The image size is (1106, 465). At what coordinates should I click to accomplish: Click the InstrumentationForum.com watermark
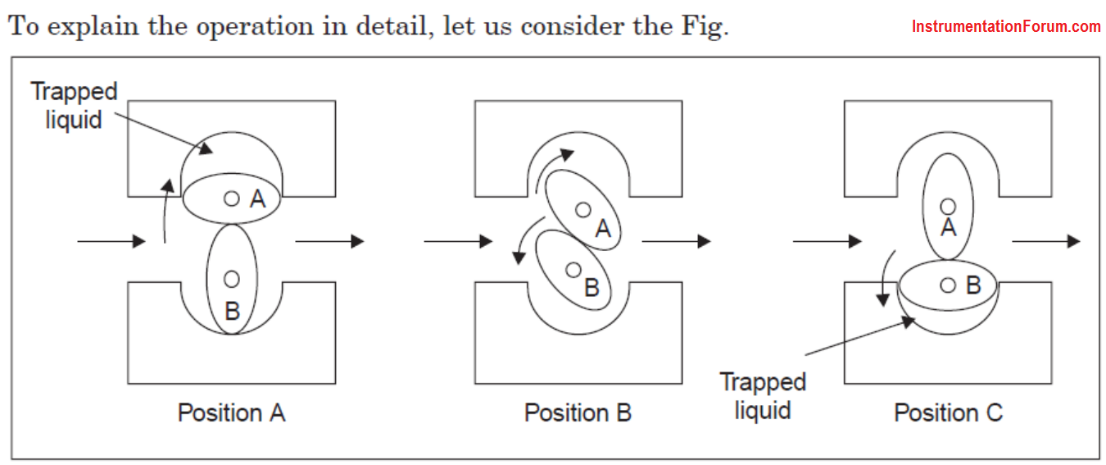[1006, 27]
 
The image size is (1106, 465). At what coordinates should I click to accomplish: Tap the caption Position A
[232, 413]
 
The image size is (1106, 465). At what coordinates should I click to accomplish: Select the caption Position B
[578, 413]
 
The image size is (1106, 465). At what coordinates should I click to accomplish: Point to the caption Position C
[949, 413]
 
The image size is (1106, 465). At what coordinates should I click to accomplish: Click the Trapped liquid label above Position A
[74, 106]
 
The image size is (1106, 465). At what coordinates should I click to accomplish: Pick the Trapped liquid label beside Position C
[763, 396]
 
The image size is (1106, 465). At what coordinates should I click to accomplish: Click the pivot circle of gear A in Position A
[232, 198]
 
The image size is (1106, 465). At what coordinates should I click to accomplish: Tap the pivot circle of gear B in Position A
[232, 279]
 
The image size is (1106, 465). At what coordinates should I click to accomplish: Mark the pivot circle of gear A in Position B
[583, 210]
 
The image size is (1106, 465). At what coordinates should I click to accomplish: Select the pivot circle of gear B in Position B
[573, 270]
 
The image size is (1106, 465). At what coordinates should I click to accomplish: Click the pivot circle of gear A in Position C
[948, 207]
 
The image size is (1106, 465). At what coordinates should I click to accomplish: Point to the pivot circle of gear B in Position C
[948, 285]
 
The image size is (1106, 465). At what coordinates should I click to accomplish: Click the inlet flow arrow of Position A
[111, 241]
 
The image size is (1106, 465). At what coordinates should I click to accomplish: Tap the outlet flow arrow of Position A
[330, 241]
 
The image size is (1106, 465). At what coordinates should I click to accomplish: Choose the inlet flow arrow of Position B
[459, 241]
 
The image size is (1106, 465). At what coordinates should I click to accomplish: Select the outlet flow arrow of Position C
[1046, 241]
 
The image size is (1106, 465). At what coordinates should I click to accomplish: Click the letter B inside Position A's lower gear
[233, 312]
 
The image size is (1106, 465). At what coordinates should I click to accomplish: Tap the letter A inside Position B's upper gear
[603, 229]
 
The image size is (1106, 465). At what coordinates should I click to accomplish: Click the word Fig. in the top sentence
[705, 27]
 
